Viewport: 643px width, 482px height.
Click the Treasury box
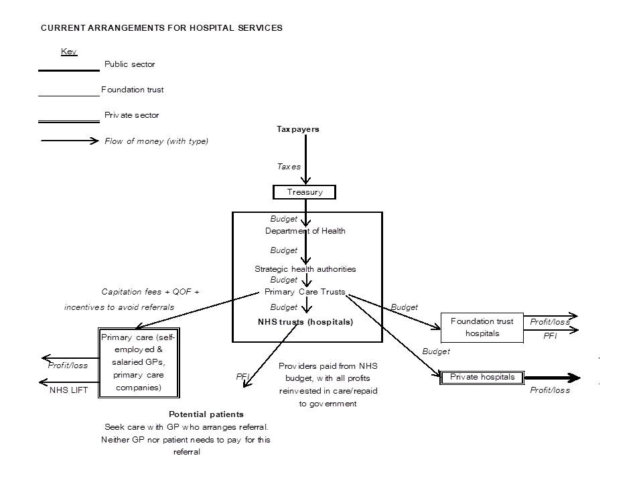304,192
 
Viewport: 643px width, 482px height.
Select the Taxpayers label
297,129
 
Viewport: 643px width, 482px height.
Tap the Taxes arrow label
289,167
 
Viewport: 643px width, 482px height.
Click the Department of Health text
305,231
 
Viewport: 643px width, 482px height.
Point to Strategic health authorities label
305,269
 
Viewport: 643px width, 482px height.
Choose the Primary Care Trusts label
305,292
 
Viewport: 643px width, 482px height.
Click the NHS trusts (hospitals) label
305,322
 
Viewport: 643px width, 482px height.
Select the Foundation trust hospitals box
481,327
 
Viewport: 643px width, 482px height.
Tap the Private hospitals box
482,377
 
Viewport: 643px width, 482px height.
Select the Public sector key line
68,70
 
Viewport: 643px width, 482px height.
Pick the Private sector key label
131,115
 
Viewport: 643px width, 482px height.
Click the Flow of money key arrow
70,141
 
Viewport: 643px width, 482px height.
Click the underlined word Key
69,52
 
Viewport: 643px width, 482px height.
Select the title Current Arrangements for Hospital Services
161,28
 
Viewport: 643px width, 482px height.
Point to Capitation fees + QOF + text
150,292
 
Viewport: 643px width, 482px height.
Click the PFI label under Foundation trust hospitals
550,336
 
